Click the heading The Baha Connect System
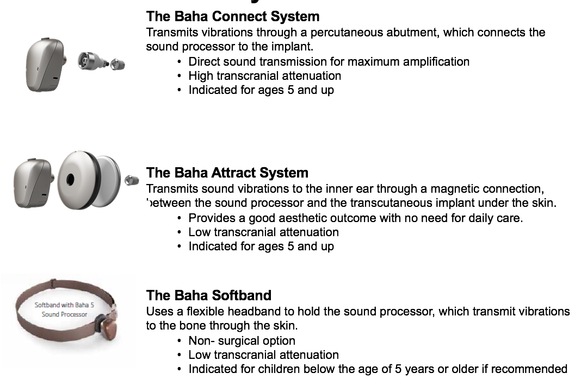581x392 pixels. click(x=233, y=17)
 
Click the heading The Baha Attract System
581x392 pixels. click(x=227, y=173)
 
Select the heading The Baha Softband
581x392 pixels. click(x=208, y=295)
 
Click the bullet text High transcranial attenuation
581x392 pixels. click(x=264, y=76)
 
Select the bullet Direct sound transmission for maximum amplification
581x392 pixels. click(x=329, y=62)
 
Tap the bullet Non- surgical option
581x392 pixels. click(x=242, y=340)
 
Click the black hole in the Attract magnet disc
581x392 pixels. click(x=70, y=180)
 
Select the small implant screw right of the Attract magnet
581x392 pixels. click(x=132, y=180)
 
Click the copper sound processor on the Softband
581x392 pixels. click(x=107, y=325)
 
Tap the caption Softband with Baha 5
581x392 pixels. click(x=65, y=305)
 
